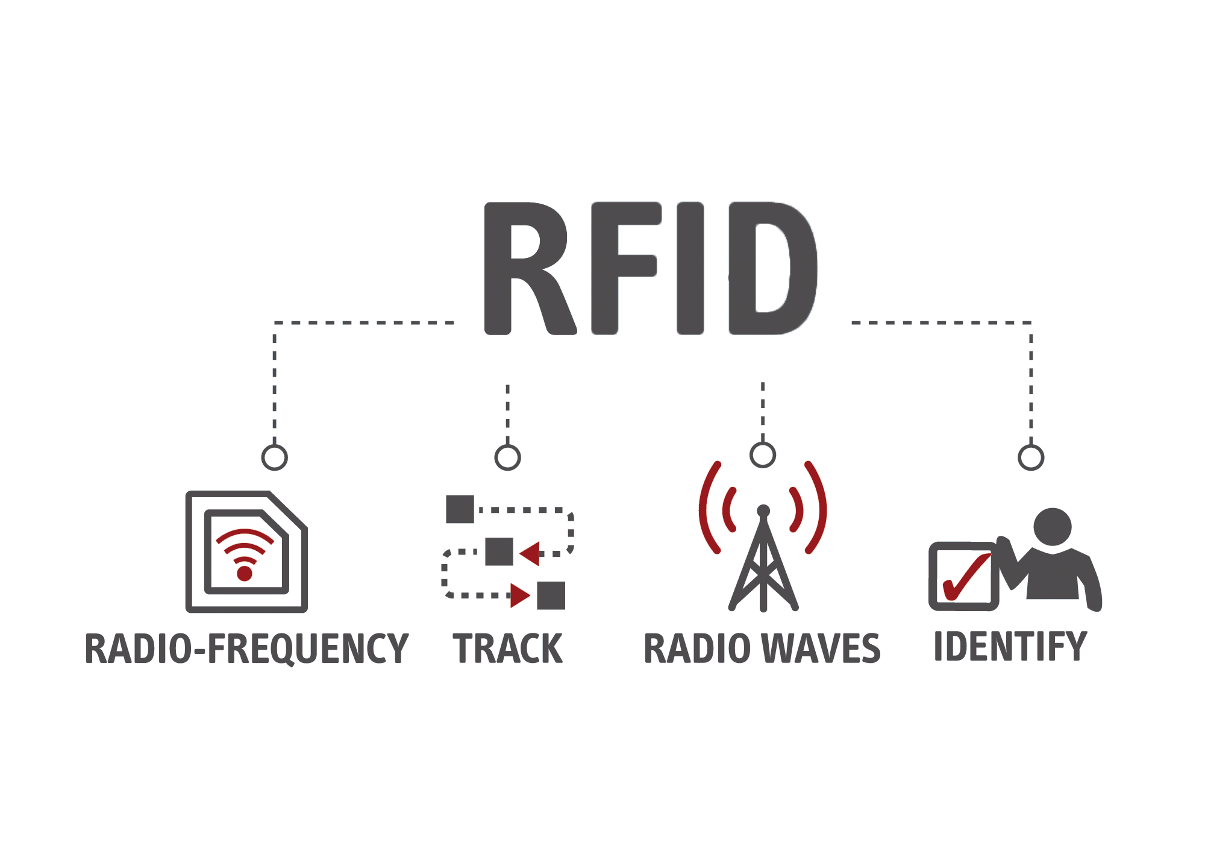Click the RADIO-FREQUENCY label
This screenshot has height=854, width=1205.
(246, 649)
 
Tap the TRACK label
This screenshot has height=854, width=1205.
(507, 649)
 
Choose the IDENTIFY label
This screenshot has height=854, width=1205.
(1010, 647)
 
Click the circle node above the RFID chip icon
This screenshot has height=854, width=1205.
(275, 457)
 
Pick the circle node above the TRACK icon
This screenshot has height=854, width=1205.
(507, 457)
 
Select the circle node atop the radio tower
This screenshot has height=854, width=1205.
(763, 455)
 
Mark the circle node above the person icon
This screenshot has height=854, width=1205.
(1031, 457)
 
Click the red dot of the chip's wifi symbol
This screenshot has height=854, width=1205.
(245, 573)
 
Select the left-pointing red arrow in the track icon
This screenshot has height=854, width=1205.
(530, 553)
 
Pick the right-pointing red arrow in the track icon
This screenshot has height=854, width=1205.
(519, 595)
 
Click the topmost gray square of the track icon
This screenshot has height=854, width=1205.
(460, 509)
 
